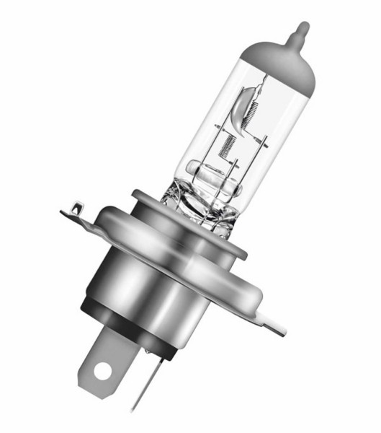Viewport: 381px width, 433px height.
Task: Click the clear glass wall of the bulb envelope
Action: coord(205,123)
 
